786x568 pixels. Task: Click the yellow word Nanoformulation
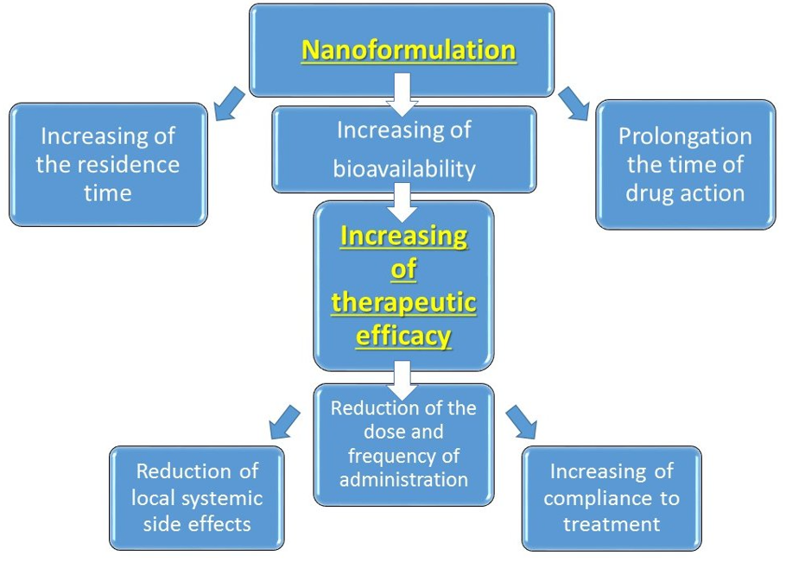pos(409,49)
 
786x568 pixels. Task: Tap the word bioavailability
pos(404,168)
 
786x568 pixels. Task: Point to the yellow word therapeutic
pos(403,302)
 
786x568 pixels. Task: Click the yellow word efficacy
pos(403,335)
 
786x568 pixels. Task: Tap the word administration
pos(403,478)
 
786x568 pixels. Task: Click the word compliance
pos(611,498)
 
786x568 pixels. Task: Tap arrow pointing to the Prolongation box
pos(574,101)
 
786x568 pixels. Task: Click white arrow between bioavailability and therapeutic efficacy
pos(401,201)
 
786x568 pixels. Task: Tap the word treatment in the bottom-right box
pos(611,524)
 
